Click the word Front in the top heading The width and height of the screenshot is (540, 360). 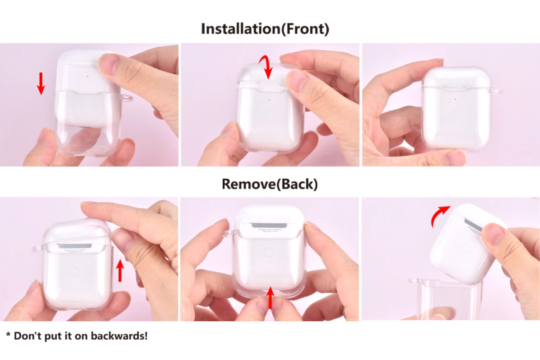coord(306,29)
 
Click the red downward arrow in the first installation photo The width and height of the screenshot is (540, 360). coord(41,83)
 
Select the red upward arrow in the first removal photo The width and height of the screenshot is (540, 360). coord(120,270)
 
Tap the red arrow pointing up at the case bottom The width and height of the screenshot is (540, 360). coord(270,298)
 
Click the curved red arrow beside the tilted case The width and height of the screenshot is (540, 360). coord(440,216)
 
